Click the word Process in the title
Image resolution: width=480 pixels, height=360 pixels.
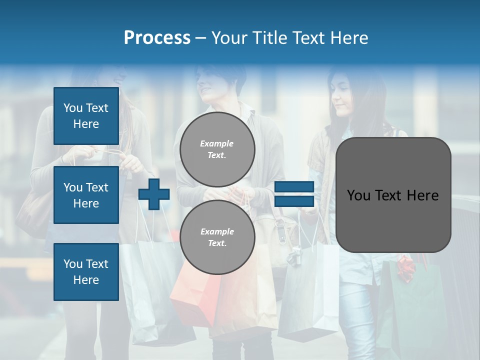pyautogui.click(x=157, y=38)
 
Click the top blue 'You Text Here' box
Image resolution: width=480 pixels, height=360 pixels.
pyautogui.click(x=86, y=116)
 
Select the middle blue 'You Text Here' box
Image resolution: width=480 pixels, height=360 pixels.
pyautogui.click(x=86, y=195)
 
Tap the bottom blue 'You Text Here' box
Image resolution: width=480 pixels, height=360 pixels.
pyautogui.click(x=86, y=271)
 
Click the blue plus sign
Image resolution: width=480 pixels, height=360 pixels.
pyautogui.click(x=154, y=194)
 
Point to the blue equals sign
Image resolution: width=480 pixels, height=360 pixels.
pyautogui.click(x=294, y=194)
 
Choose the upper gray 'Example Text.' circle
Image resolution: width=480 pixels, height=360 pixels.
pyautogui.click(x=217, y=149)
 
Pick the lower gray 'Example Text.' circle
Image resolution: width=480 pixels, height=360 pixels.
pyautogui.click(x=217, y=237)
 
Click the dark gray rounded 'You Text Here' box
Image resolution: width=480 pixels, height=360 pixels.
pyautogui.click(x=393, y=195)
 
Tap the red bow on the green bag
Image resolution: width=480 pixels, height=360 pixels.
pyautogui.click(x=406, y=267)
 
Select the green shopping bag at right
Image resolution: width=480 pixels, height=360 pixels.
pyautogui.click(x=415, y=310)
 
